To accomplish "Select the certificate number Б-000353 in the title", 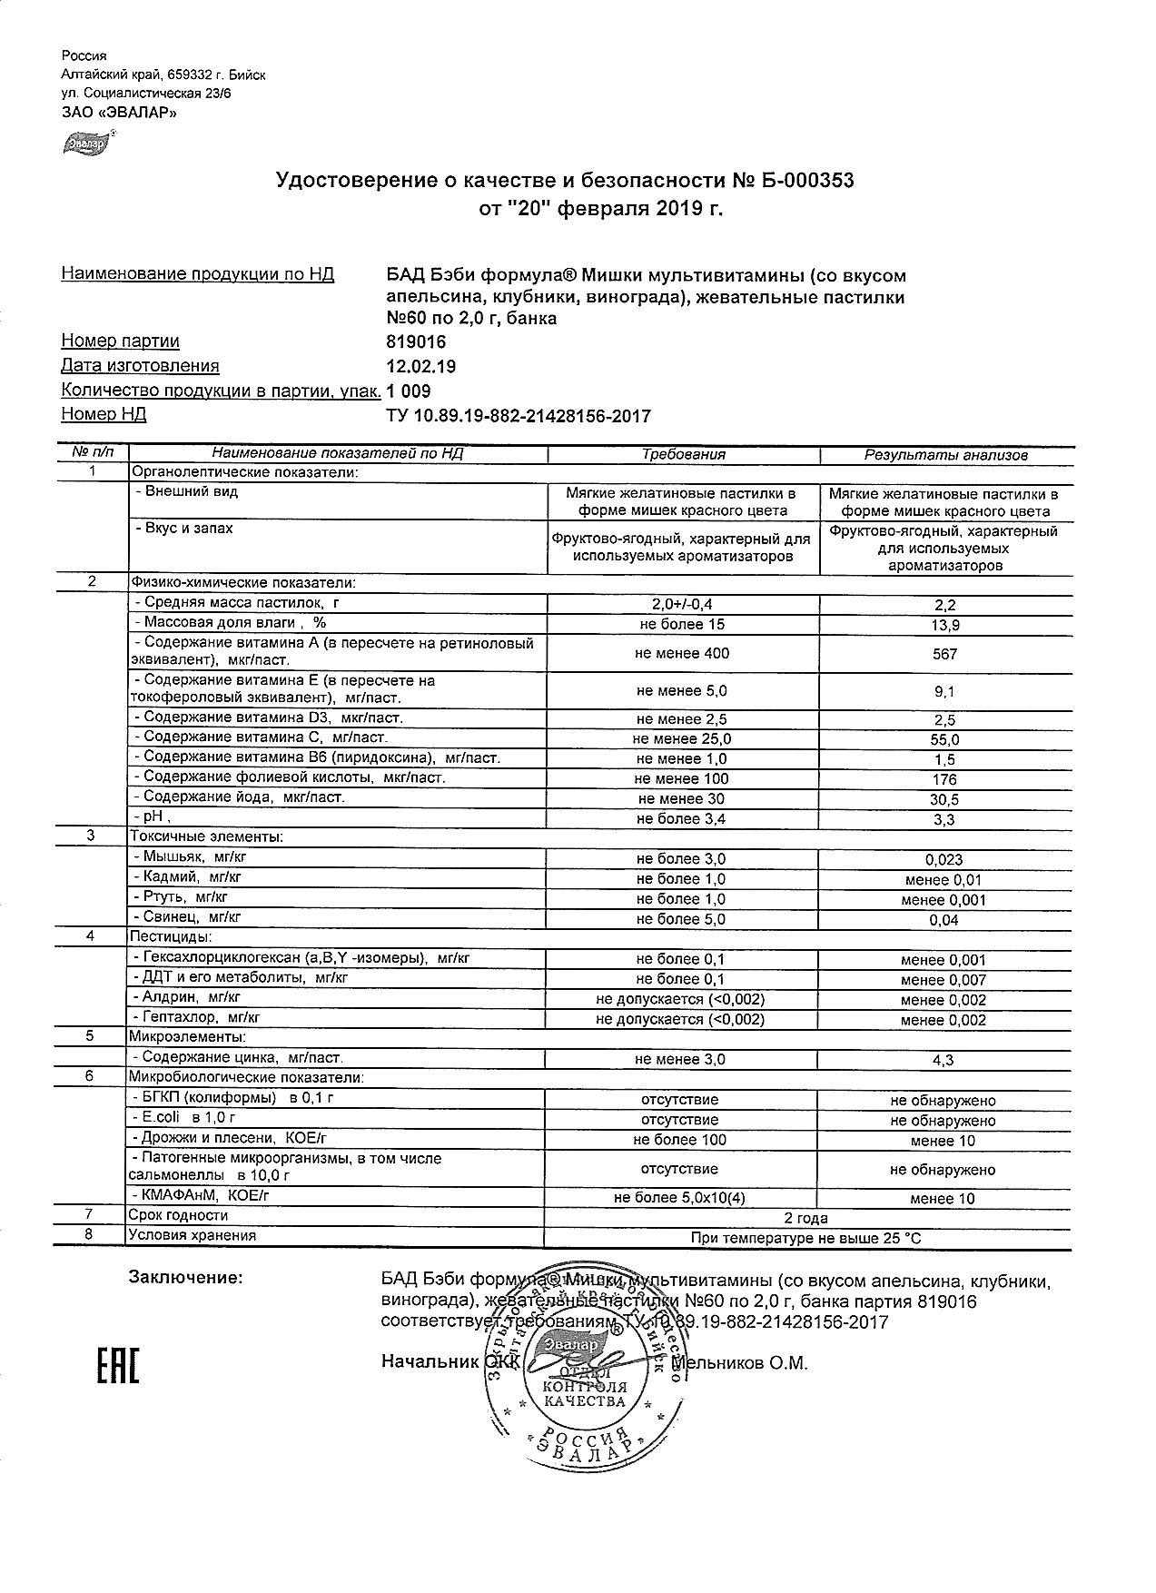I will tap(805, 181).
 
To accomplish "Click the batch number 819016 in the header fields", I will tap(417, 342).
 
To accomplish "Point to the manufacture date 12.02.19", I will tap(421, 367).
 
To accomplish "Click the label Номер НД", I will tap(104, 415).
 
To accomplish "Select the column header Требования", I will tap(683, 455).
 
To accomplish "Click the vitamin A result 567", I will tap(944, 654).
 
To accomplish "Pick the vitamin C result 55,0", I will tap(944, 739).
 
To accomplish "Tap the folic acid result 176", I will tap(944, 779).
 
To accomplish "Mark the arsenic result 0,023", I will tap(944, 859).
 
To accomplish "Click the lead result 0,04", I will tap(944, 920).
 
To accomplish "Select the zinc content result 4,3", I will tap(944, 1059).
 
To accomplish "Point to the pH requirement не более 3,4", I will tap(681, 819).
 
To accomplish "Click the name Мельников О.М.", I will tap(739, 1362).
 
